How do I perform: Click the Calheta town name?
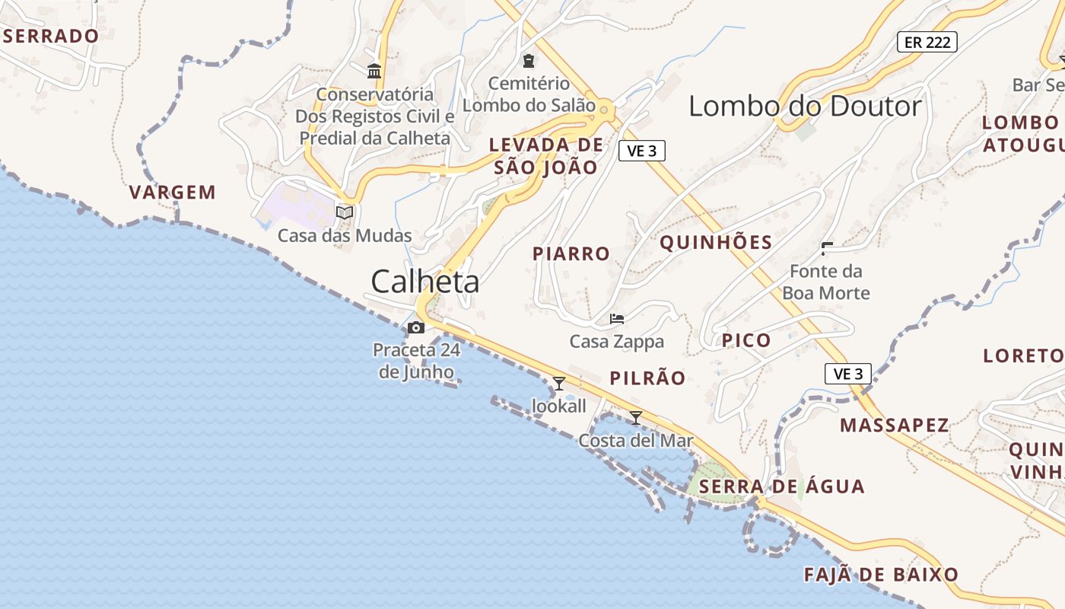(x=425, y=282)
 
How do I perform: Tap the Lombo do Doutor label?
(x=805, y=106)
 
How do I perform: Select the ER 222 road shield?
(x=927, y=42)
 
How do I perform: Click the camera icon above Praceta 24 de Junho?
(x=416, y=327)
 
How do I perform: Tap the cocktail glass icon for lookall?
(x=559, y=383)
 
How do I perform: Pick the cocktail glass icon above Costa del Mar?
(x=636, y=417)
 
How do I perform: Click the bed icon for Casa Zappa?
(x=617, y=318)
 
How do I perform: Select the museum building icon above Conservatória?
(x=374, y=71)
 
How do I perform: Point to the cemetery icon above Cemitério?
(x=528, y=60)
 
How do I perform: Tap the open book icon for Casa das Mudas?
(x=345, y=212)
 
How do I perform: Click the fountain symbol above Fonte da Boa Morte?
(x=826, y=247)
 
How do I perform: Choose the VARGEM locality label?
(x=173, y=192)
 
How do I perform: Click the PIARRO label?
(x=571, y=253)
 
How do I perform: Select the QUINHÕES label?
(x=716, y=243)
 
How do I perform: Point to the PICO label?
(x=746, y=340)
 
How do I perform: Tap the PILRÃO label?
(x=647, y=378)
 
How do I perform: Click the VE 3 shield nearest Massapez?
(x=848, y=374)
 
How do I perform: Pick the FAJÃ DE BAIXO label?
(x=881, y=575)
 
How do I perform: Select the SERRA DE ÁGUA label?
(x=782, y=486)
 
